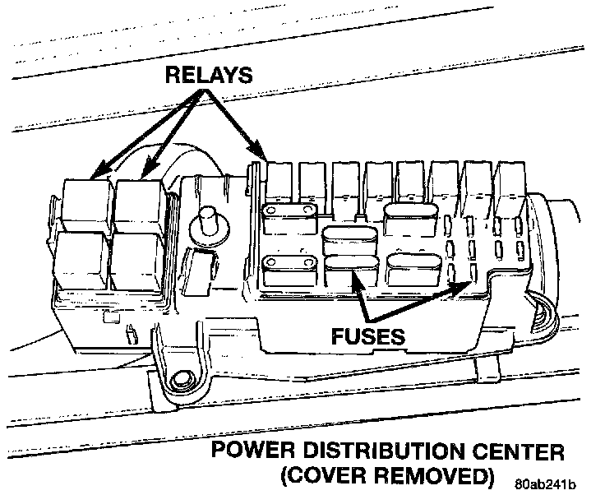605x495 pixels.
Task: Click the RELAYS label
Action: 209,76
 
